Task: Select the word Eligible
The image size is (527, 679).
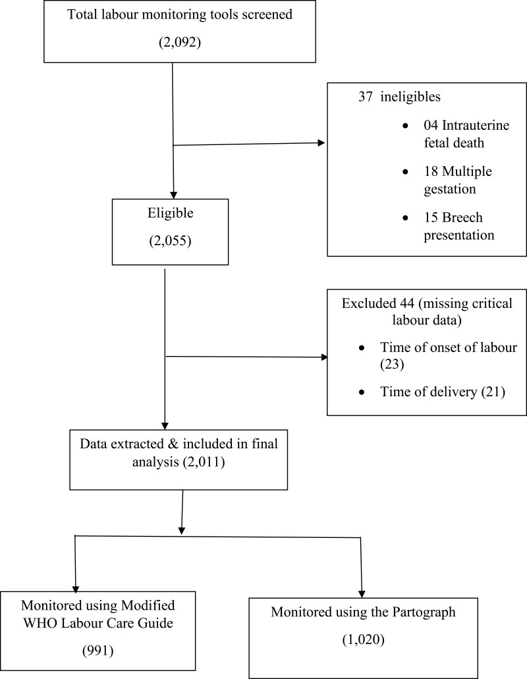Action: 170,214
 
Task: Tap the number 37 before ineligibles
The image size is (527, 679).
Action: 365,96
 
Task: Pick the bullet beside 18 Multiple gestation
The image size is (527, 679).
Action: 405,172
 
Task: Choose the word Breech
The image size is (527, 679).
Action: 462,217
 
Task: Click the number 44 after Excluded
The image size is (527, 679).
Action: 406,303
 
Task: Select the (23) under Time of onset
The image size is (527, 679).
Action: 392,364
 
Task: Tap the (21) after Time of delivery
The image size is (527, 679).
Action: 493,392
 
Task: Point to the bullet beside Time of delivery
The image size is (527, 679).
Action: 362,392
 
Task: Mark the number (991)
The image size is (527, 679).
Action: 97,651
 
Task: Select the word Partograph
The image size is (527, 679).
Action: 424,612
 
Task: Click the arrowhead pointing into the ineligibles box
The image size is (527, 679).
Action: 321,142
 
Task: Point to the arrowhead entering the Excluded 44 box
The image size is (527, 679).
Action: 324,357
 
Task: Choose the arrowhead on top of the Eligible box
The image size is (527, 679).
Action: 173,195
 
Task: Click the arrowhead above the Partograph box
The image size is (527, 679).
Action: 362,594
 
